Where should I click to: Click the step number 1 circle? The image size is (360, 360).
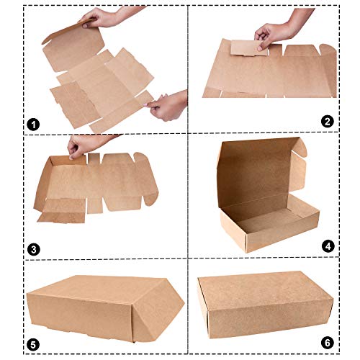tap(32, 124)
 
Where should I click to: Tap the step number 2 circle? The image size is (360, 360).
tap(328, 122)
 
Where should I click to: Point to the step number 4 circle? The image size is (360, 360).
tap(328, 246)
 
